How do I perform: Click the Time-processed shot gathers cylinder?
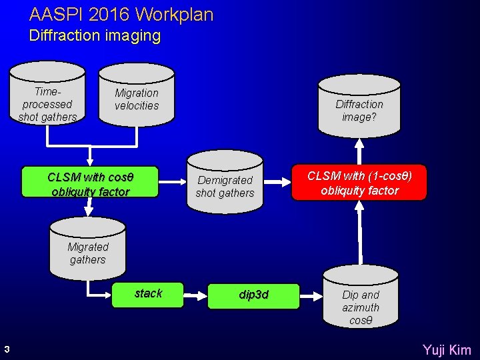pyautogui.click(x=47, y=99)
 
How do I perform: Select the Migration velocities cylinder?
pyautogui.click(x=137, y=98)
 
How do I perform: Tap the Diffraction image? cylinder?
pyautogui.click(x=359, y=107)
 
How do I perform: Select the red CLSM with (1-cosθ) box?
pyautogui.click(x=359, y=183)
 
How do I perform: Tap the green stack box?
pyautogui.click(x=148, y=294)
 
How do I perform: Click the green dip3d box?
pyautogui.click(x=253, y=295)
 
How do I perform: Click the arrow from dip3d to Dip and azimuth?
pyautogui.click(x=311, y=295)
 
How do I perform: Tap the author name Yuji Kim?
pyautogui.click(x=447, y=349)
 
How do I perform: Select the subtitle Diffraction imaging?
pyautogui.click(x=95, y=35)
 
